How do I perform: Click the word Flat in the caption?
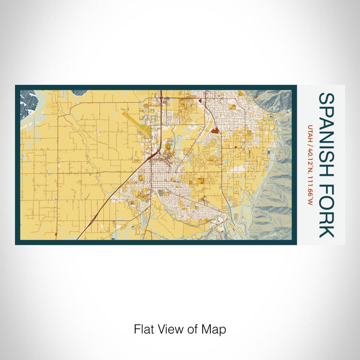point(143,329)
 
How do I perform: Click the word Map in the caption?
point(215,329)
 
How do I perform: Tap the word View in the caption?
point(171,329)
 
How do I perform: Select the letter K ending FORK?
point(326,231)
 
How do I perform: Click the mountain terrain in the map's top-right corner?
point(273,103)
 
